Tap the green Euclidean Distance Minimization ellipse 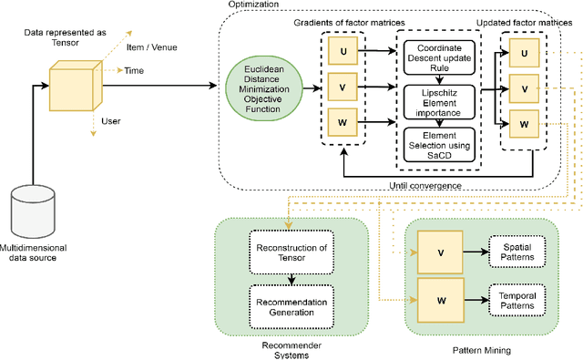click(x=261, y=89)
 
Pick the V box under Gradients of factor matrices click(x=342, y=89)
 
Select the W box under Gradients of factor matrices click(x=342, y=123)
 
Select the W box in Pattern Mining click(x=440, y=298)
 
